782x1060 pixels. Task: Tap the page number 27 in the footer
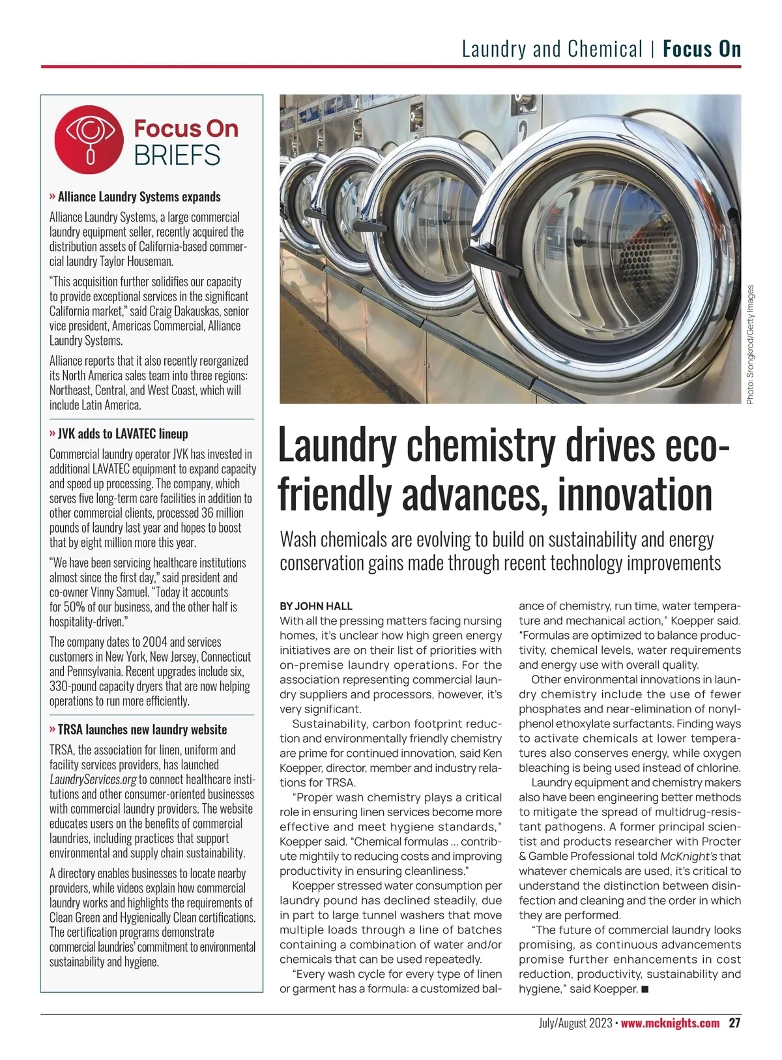point(734,1023)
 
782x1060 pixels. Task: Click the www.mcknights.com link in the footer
point(670,1023)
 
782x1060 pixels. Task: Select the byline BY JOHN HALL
point(316,606)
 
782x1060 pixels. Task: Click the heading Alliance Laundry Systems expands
point(139,197)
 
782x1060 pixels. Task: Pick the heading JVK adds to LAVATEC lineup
point(123,434)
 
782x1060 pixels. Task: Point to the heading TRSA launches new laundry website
point(142,729)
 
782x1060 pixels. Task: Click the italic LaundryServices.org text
point(93,780)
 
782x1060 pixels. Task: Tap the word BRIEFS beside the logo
point(177,156)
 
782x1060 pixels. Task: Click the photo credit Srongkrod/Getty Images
point(750,344)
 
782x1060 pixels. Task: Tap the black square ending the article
point(644,990)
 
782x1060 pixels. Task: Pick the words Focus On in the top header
point(702,49)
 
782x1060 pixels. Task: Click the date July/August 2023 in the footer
point(575,1023)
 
